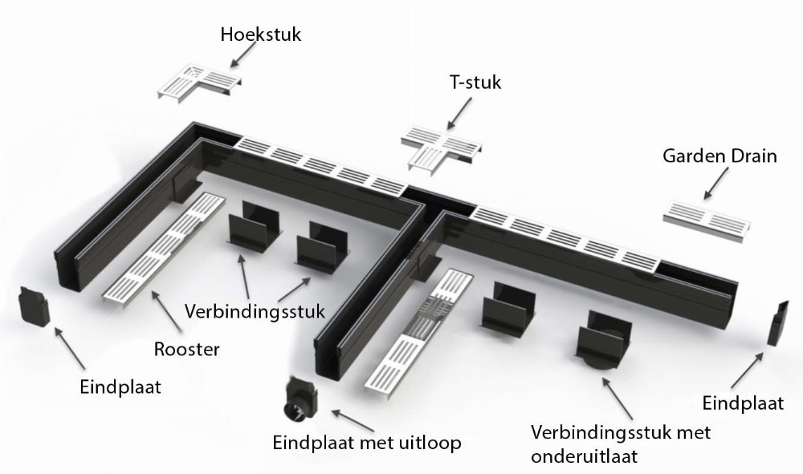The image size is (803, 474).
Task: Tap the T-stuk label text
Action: (x=475, y=83)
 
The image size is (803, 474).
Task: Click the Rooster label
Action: (x=187, y=349)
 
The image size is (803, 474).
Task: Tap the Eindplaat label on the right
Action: (x=743, y=403)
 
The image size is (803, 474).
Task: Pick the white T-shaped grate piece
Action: (x=443, y=148)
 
